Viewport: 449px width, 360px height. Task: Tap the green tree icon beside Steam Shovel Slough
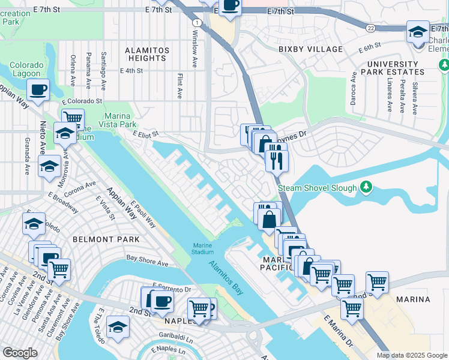[x=366, y=188]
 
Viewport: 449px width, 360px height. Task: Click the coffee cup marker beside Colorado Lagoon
[x=38, y=91]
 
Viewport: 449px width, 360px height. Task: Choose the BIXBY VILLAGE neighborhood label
[x=310, y=49]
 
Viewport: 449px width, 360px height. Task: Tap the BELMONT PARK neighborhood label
[x=106, y=239]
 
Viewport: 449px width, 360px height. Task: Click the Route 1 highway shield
[x=196, y=22]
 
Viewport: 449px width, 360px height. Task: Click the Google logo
[x=20, y=353]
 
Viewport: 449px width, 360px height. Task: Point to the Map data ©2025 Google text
[x=411, y=355]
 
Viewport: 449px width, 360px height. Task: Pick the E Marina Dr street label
[x=337, y=332]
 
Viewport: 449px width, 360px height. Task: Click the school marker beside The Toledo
[x=118, y=328]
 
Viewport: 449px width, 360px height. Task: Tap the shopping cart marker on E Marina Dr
[x=352, y=308]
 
